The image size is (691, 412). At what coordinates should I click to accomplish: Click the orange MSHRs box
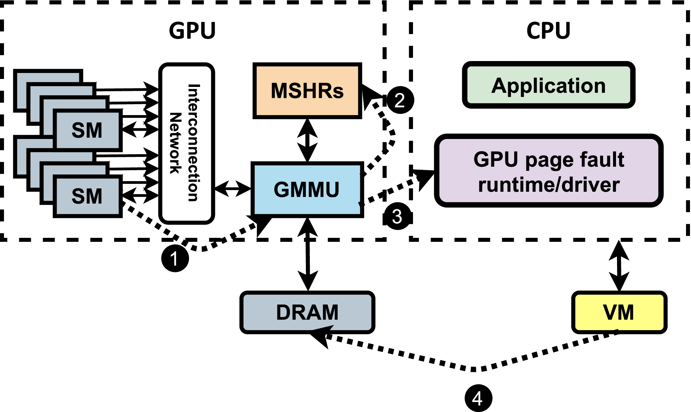pyautogui.click(x=307, y=91)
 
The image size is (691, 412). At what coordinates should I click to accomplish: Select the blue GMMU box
pyautogui.click(x=307, y=189)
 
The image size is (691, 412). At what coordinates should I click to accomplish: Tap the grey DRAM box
pyautogui.click(x=307, y=312)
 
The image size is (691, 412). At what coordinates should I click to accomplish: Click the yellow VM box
pyautogui.click(x=619, y=312)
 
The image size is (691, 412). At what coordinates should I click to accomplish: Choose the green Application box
pyautogui.click(x=549, y=85)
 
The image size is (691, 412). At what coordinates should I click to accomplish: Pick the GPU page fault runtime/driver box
pyautogui.click(x=549, y=171)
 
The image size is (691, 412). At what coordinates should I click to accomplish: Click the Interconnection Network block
pyautogui.click(x=187, y=143)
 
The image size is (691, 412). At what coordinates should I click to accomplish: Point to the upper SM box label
pyautogui.click(x=87, y=130)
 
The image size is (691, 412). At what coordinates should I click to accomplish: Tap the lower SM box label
pyautogui.click(x=87, y=196)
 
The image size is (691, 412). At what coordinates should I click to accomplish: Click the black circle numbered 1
pyautogui.click(x=175, y=258)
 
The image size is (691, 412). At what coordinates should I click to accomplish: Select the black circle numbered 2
pyautogui.click(x=400, y=100)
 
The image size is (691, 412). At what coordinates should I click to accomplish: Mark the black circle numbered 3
pyautogui.click(x=397, y=216)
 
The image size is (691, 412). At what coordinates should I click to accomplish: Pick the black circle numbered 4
pyautogui.click(x=478, y=398)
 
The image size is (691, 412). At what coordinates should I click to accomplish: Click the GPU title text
pyautogui.click(x=192, y=31)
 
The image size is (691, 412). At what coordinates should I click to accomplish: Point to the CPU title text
pyautogui.click(x=548, y=31)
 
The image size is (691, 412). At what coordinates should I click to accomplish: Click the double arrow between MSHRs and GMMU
pyautogui.click(x=308, y=140)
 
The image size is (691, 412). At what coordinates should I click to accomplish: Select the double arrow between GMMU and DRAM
pyautogui.click(x=308, y=254)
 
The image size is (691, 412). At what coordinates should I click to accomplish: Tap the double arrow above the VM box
pyautogui.click(x=619, y=266)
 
